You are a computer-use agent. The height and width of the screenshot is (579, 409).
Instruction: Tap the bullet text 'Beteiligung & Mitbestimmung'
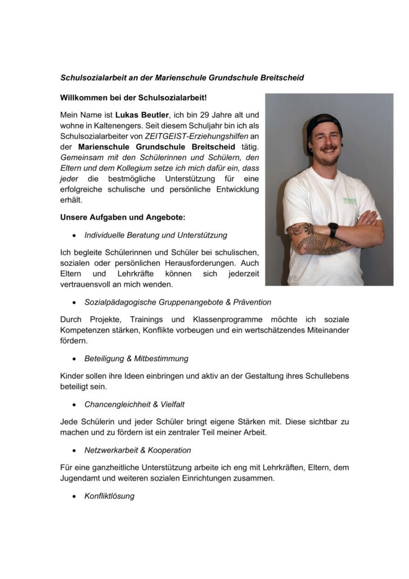click(136, 358)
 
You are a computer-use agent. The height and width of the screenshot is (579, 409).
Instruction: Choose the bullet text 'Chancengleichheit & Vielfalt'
click(134, 404)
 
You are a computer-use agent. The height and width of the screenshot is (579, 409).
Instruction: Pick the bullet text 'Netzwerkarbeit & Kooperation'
click(137, 450)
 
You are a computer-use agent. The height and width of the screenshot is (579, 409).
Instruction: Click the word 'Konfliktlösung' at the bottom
click(110, 496)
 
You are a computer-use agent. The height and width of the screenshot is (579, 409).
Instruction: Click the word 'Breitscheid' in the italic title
click(282, 77)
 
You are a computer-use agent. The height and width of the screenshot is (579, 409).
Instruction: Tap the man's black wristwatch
click(333, 229)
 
